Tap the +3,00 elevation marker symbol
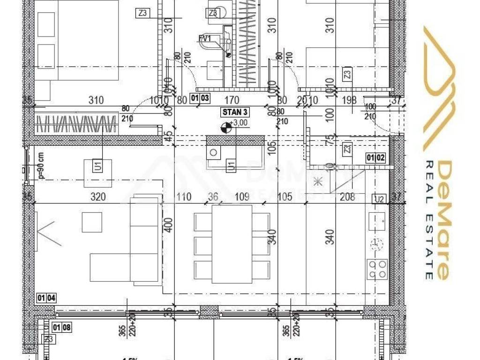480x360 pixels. [226, 127]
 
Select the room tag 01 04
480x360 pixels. [46, 297]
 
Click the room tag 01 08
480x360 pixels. [62, 328]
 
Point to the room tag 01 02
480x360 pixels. [376, 158]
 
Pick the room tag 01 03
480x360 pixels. [199, 98]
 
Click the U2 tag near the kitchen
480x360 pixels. [379, 199]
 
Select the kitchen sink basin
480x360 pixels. [377, 220]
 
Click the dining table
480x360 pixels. [232, 244]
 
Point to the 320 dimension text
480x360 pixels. [97, 197]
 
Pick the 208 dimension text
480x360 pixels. [347, 197]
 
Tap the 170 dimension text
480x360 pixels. [232, 100]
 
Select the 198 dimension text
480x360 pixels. [350, 100]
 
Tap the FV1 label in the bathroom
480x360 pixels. [204, 38]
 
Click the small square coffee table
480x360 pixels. [92, 222]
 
